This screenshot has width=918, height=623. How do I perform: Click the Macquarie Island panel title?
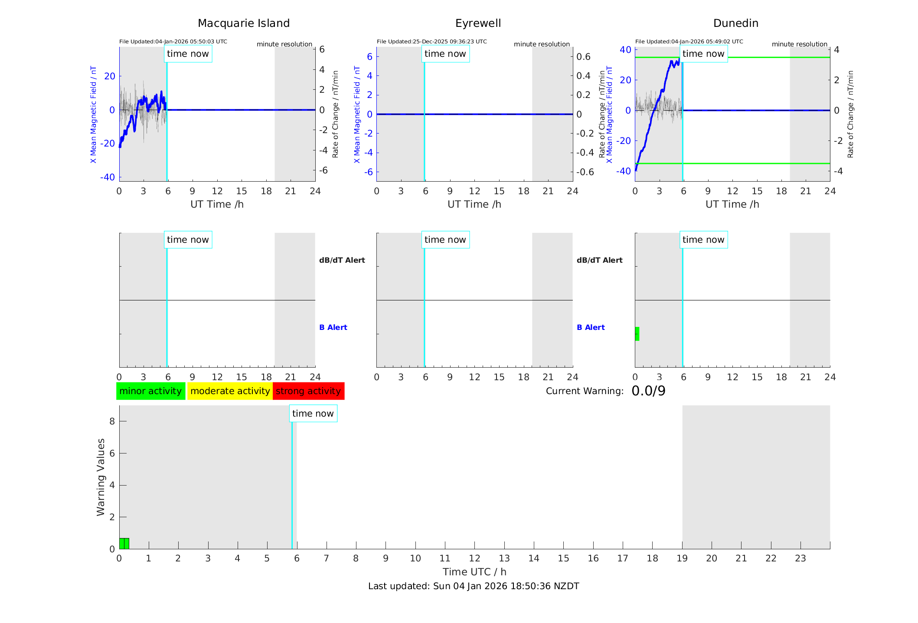coord(244,23)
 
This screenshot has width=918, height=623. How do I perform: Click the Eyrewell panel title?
coord(478,23)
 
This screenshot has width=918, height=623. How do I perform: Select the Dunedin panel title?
coord(735,23)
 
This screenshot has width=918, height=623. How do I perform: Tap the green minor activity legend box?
coord(150,391)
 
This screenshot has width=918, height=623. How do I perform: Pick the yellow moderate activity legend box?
coord(230,391)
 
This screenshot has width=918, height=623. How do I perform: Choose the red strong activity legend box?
coord(308,391)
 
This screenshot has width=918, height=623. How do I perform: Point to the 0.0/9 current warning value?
coord(648,391)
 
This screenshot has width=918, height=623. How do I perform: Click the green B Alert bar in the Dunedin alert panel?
coord(637,334)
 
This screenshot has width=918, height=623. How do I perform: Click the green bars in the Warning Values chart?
coord(124,543)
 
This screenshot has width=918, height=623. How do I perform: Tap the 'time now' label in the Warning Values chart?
coord(313,414)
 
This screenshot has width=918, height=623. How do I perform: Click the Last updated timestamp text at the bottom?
coord(474,586)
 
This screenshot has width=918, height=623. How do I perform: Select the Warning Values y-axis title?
coord(101,477)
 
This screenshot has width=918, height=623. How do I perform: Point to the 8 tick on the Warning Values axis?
coord(112,421)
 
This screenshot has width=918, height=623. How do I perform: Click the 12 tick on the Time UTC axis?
coord(474,558)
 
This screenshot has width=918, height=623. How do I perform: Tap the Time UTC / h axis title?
coord(474,572)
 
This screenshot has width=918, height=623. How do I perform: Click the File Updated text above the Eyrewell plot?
coord(431,42)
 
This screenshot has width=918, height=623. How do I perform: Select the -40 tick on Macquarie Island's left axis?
coord(108,177)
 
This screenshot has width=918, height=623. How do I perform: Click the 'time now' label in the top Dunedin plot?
coord(703,54)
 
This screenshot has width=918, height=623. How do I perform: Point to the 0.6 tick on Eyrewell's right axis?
coord(583,56)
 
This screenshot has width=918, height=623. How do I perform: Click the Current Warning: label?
coord(585,391)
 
